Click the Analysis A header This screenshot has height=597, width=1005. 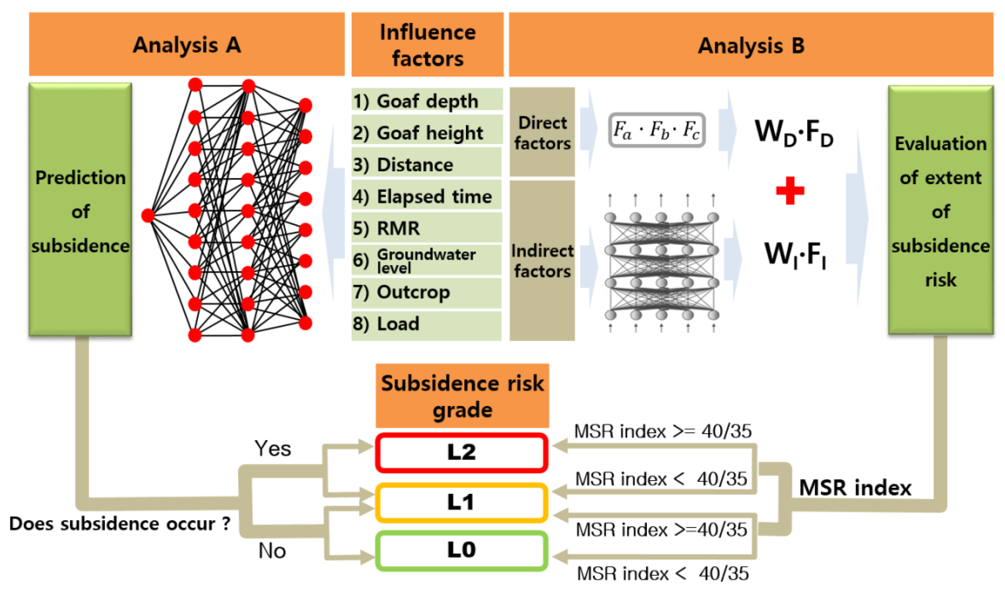pyautogui.click(x=186, y=44)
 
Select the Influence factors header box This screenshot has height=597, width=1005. pyautogui.click(x=427, y=44)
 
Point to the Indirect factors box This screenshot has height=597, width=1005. pyautogui.click(x=542, y=260)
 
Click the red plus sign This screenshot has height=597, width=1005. pyautogui.click(x=790, y=190)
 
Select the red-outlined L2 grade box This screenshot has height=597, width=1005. pyautogui.click(x=461, y=452)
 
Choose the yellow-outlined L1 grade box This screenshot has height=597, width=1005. pyautogui.click(x=461, y=502)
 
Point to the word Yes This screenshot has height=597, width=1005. pyautogui.click(x=272, y=448)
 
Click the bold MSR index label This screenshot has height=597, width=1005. pyautogui.click(x=855, y=488)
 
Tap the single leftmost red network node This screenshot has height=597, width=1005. pyautogui.click(x=148, y=215)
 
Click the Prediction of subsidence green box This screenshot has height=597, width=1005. pyautogui.click(x=80, y=209)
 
